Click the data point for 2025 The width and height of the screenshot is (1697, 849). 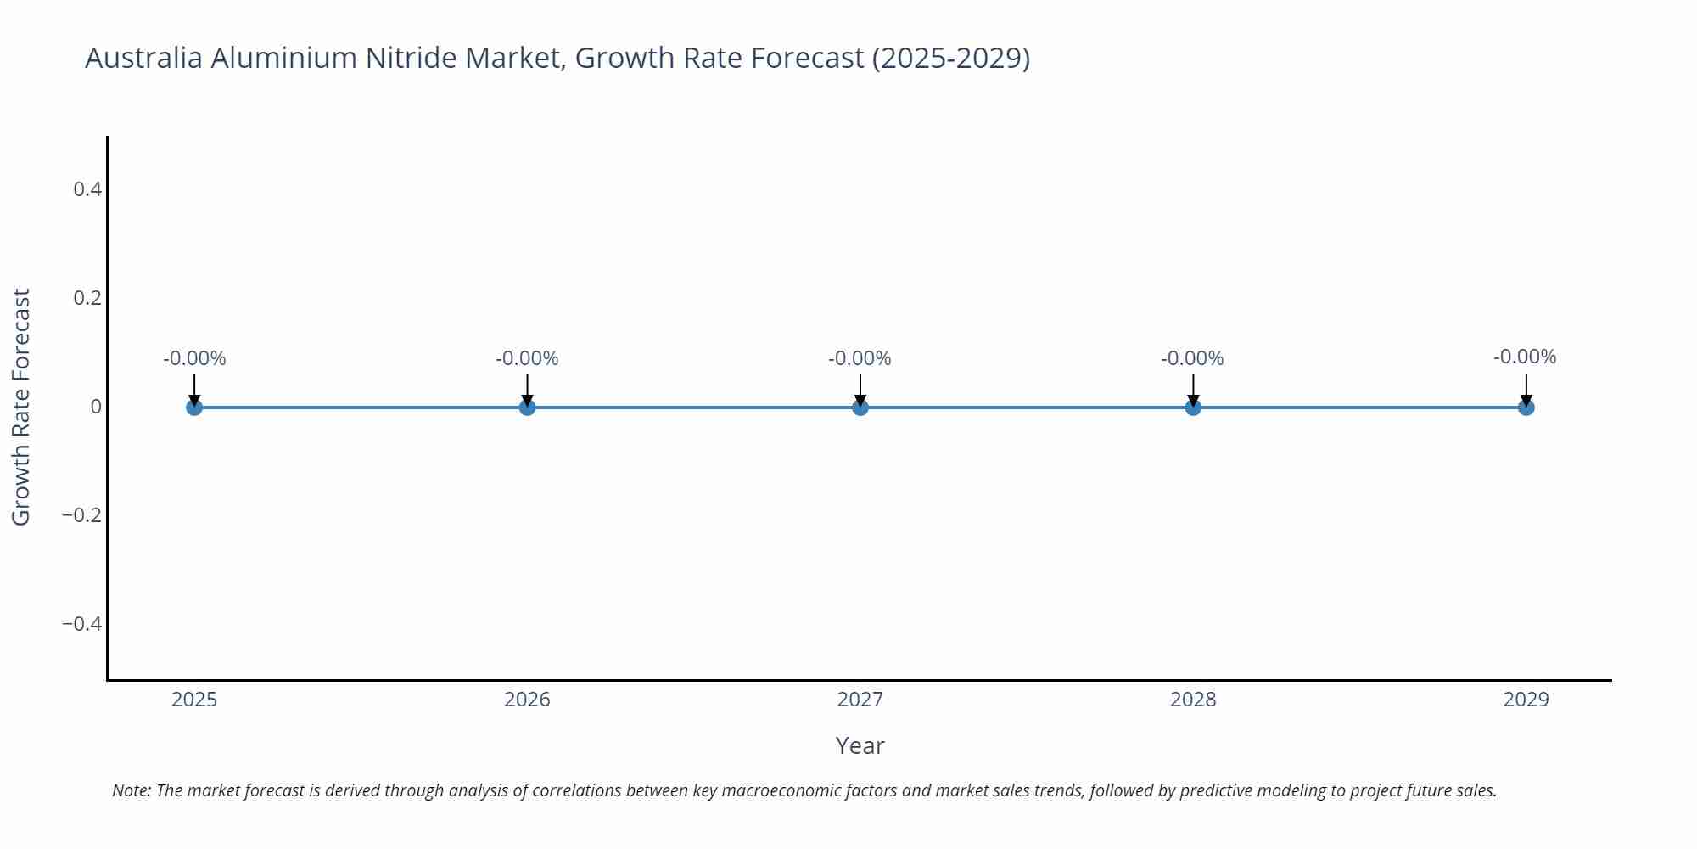(194, 408)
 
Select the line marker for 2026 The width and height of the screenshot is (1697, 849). (527, 408)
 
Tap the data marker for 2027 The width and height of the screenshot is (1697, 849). (860, 408)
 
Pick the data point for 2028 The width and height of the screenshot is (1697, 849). (1193, 408)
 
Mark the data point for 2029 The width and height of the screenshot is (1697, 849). (1526, 408)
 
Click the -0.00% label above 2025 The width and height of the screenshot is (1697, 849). (194, 358)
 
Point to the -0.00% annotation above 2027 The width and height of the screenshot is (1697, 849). (860, 358)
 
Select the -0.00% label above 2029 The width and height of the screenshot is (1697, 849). (1525, 357)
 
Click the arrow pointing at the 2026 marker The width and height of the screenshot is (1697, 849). (527, 390)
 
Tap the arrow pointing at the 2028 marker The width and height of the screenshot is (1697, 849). (1193, 390)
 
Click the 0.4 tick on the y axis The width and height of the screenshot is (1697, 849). (87, 189)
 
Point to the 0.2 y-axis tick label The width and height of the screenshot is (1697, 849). (87, 298)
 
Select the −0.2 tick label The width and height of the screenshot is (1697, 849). (81, 515)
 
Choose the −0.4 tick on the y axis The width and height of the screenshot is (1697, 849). (81, 624)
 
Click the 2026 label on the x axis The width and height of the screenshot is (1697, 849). (527, 700)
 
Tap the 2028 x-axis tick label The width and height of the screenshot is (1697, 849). (1193, 700)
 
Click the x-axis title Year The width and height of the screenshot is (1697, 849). (860, 745)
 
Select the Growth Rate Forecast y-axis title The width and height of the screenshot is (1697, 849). (21, 407)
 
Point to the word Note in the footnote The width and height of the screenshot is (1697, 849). (131, 790)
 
